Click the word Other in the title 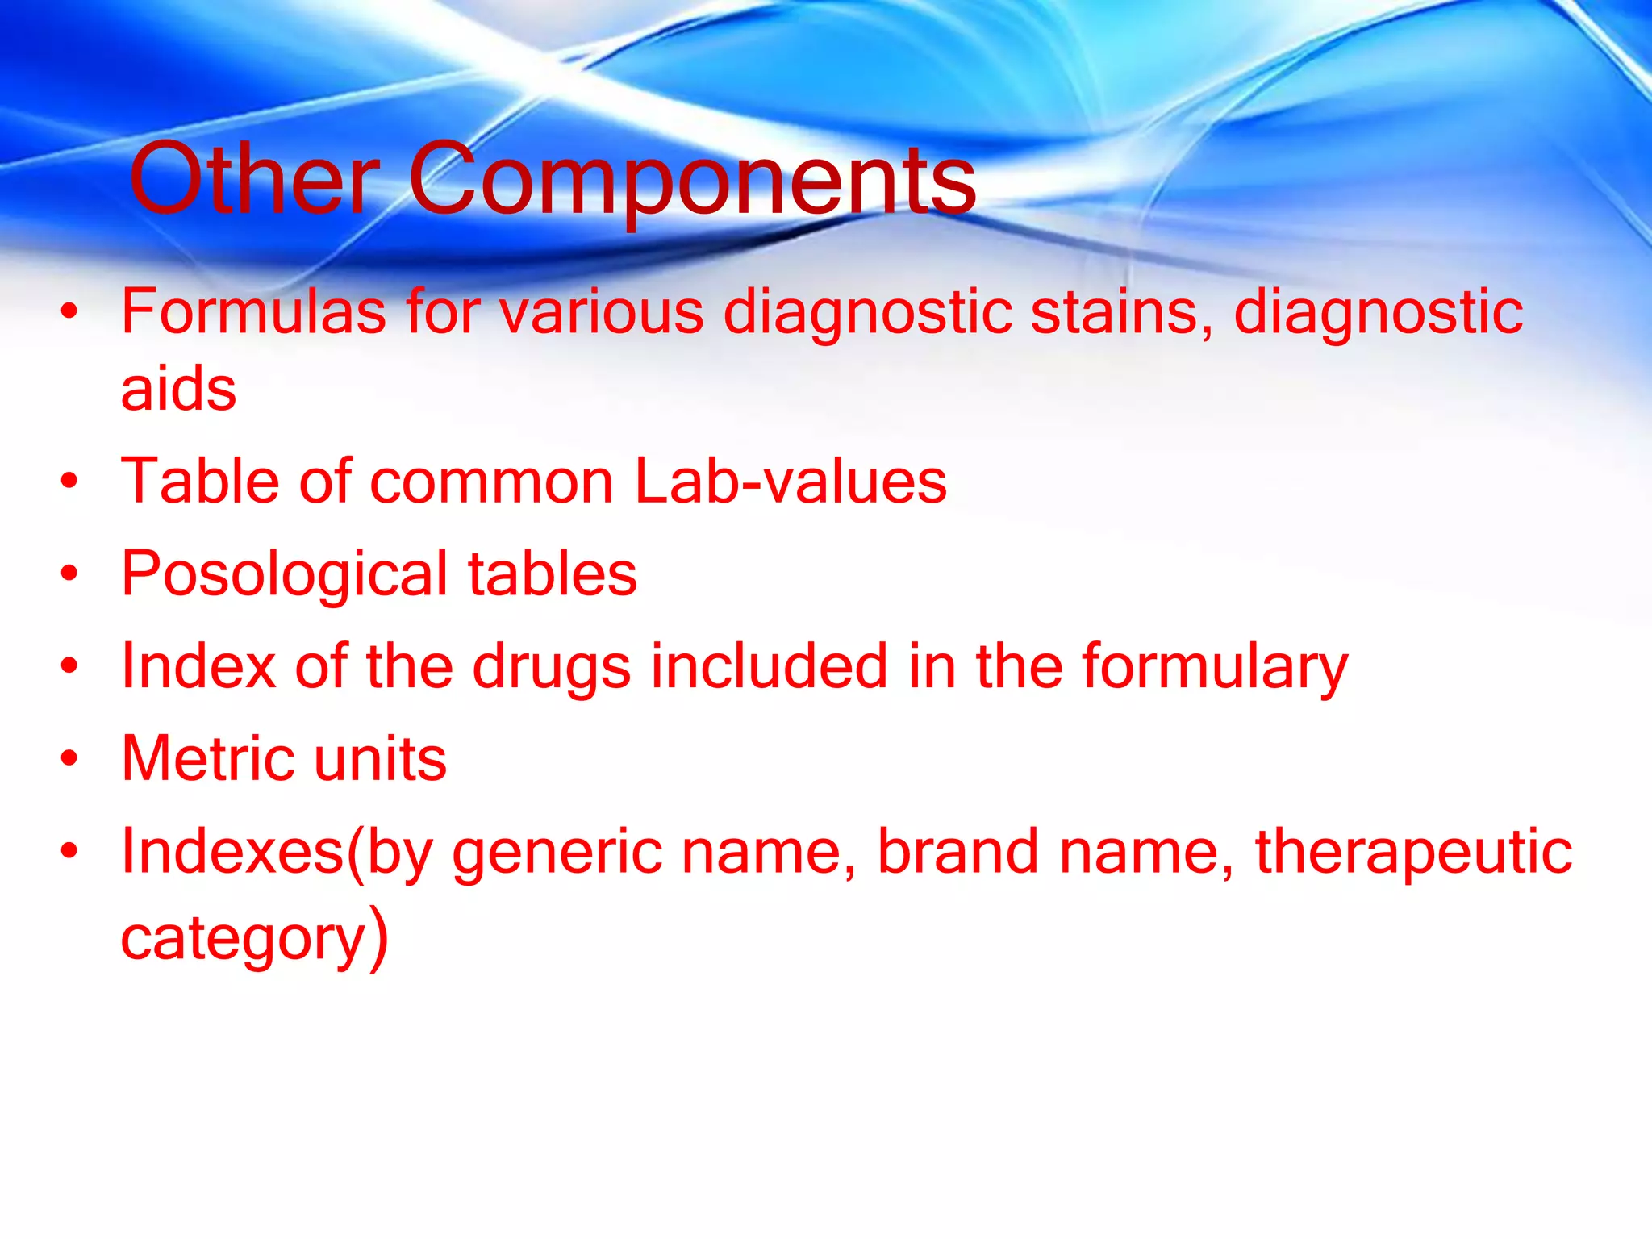pyautogui.click(x=254, y=179)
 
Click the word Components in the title pyautogui.click(x=692, y=179)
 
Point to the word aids pyautogui.click(x=178, y=389)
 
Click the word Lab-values pyautogui.click(x=791, y=482)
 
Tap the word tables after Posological pyautogui.click(x=553, y=574)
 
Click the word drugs pyautogui.click(x=551, y=668)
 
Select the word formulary pyautogui.click(x=1214, y=668)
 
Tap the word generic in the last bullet pyautogui.click(x=557, y=853)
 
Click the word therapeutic pyautogui.click(x=1413, y=853)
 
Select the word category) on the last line pyautogui.click(x=254, y=938)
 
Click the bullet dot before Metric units pyautogui.click(x=70, y=759)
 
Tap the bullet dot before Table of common pyautogui.click(x=70, y=482)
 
